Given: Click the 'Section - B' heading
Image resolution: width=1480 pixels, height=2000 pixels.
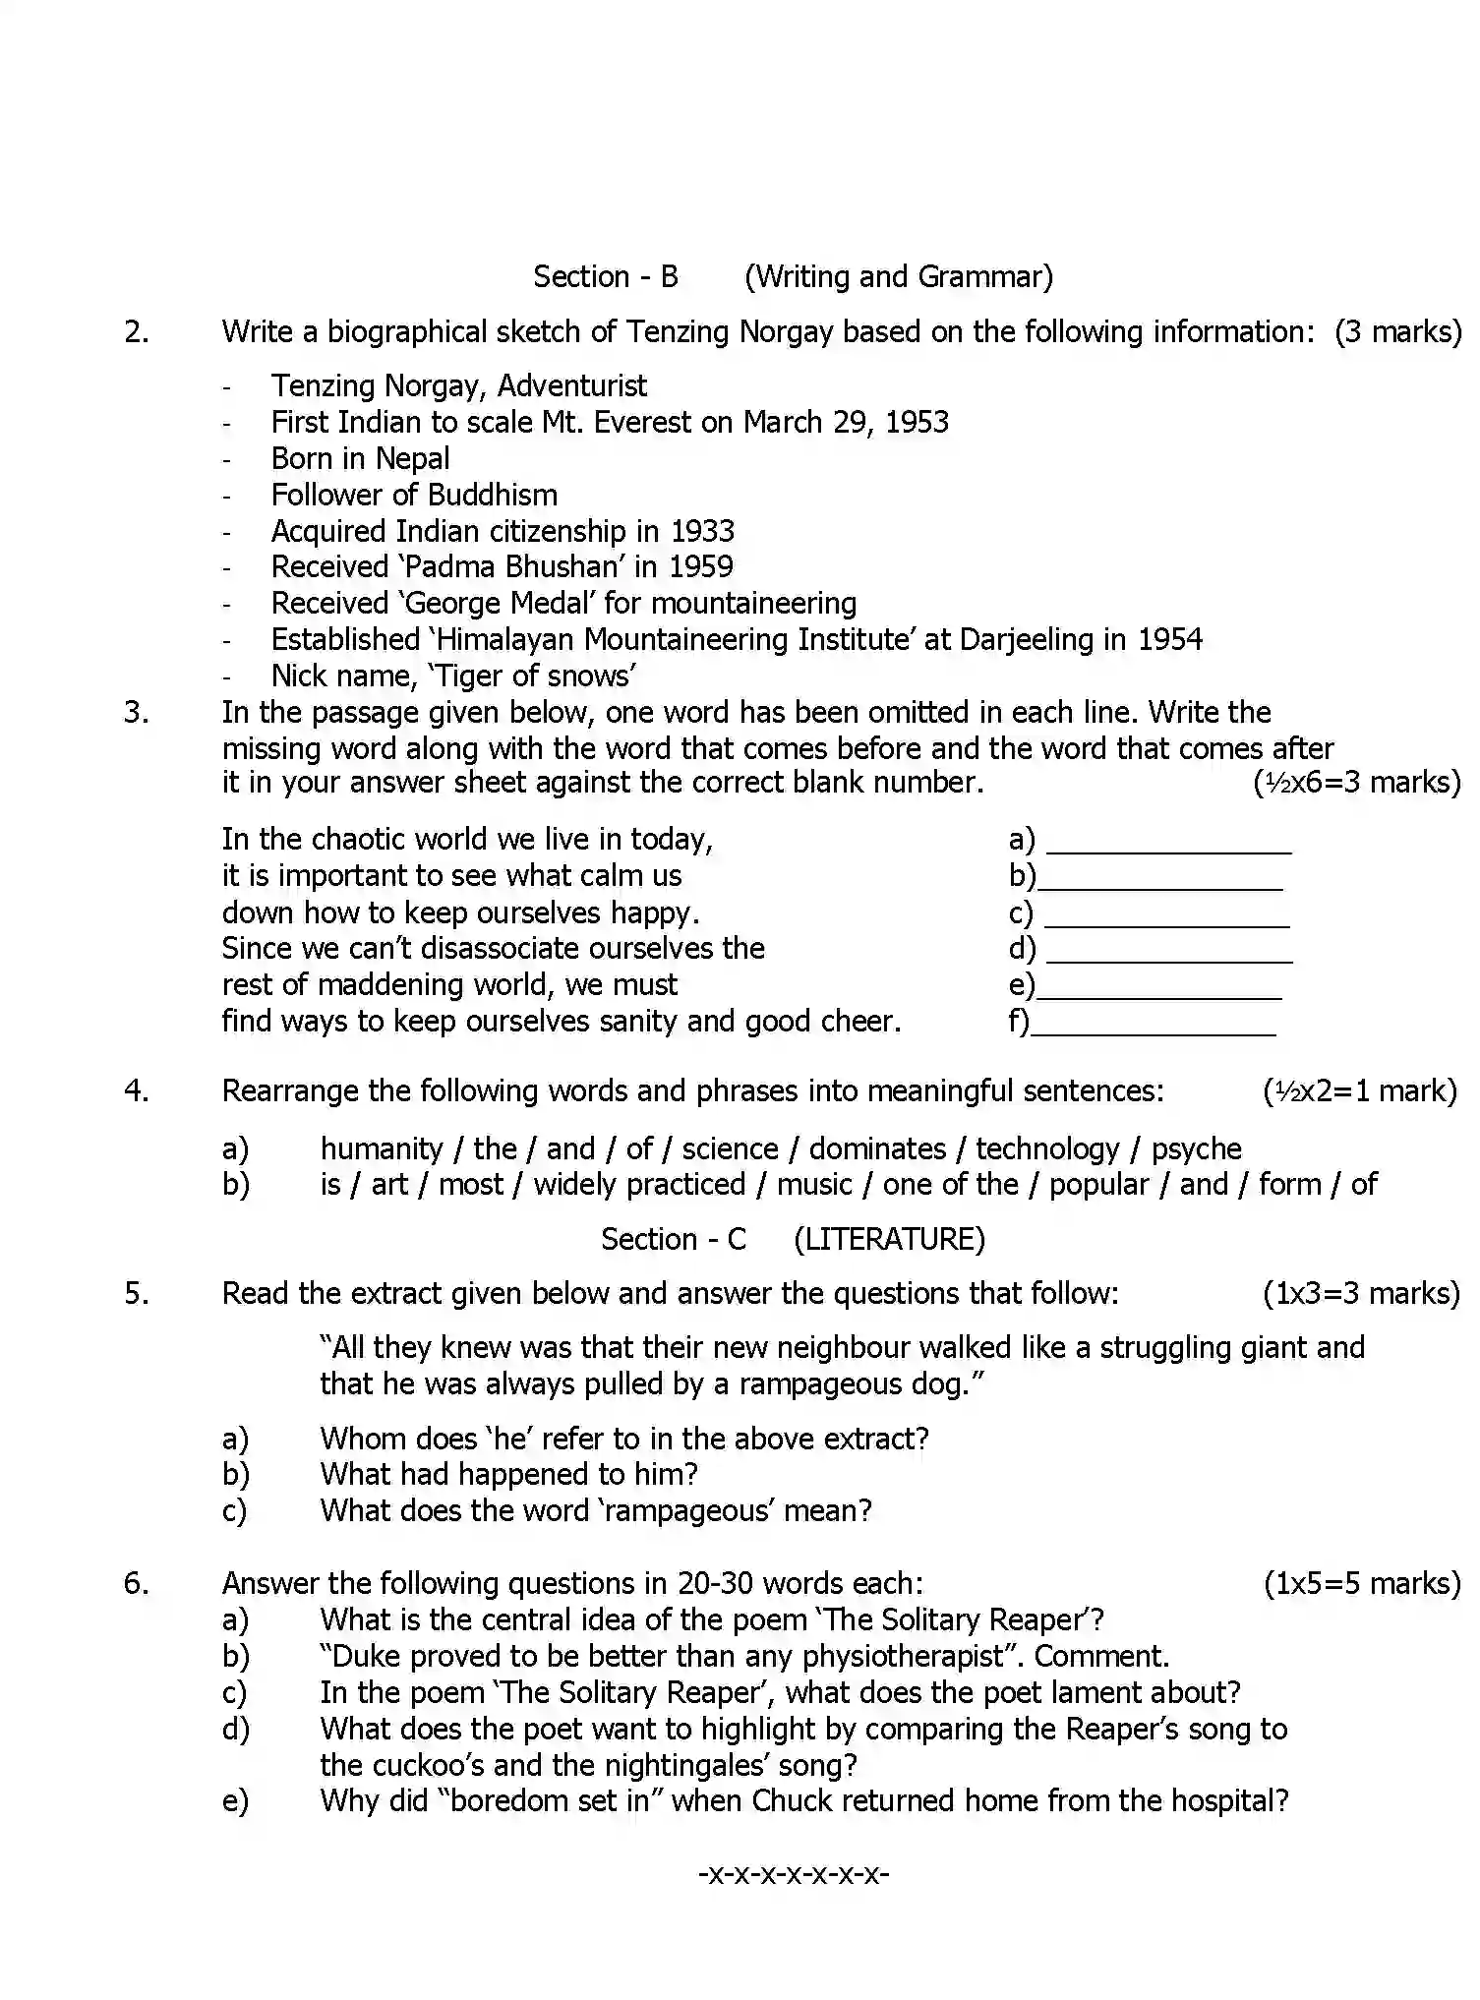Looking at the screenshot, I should pos(605,276).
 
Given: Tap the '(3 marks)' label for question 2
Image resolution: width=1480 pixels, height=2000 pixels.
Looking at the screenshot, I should pos(1397,331).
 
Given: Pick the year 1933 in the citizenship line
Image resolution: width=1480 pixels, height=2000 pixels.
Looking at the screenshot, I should pos(702,531).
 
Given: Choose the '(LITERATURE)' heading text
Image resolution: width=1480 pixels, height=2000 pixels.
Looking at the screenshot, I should pos(888,1239).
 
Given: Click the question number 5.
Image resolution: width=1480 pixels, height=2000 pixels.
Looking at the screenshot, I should pos(136,1293).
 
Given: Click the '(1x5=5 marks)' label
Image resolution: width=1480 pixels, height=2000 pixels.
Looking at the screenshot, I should pos(1361,1583).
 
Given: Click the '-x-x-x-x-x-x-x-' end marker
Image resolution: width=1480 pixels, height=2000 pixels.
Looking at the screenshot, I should pos(794,1873).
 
